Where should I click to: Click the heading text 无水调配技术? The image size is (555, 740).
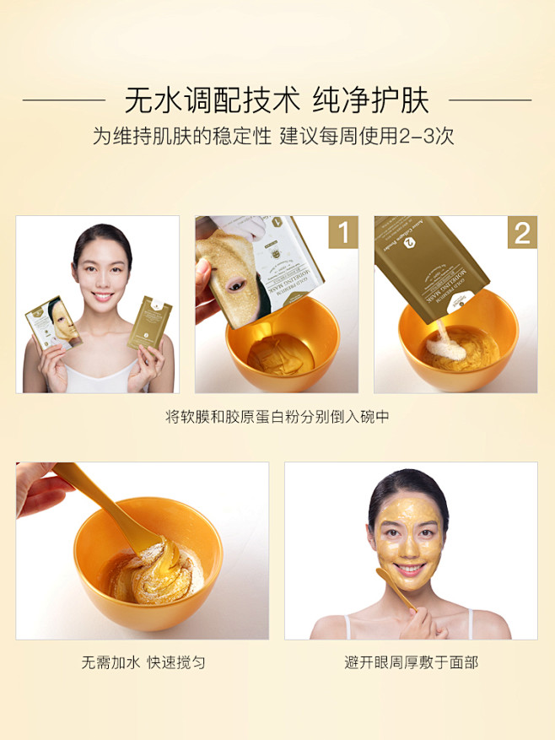pos(212,100)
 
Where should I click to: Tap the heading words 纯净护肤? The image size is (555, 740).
pos(371,100)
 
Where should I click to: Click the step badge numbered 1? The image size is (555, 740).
pos(342,233)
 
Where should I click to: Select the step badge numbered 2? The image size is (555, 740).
pos(521,233)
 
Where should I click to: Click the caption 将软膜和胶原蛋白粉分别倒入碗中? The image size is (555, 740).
pos(277,417)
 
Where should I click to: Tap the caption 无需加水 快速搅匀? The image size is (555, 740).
pos(143,662)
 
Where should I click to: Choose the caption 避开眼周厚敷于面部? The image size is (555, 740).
pos(411,662)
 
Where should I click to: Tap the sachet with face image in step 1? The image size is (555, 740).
pos(245,270)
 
